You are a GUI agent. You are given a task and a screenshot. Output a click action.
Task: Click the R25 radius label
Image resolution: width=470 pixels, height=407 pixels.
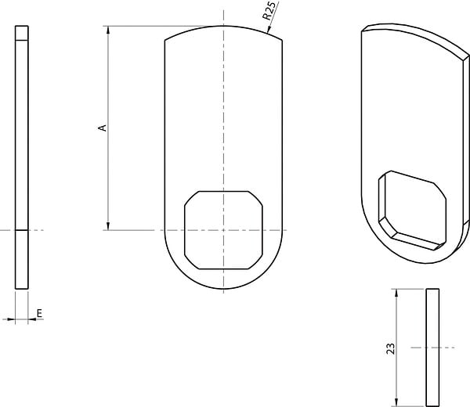269,10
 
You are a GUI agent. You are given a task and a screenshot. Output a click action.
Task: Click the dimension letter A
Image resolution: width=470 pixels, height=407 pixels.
103,128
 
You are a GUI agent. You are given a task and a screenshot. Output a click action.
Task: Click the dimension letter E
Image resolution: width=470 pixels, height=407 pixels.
39,313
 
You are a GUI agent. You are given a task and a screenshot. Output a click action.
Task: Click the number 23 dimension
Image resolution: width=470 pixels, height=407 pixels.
391,348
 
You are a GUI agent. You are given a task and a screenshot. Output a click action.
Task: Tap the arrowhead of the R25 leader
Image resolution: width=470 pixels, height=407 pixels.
269,29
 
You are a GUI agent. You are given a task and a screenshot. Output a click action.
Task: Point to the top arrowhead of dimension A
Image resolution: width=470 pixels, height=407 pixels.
108,30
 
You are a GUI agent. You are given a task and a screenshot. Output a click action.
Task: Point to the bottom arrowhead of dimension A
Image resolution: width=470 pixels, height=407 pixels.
108,226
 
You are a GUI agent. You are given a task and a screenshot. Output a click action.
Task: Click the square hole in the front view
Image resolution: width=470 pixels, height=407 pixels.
223,230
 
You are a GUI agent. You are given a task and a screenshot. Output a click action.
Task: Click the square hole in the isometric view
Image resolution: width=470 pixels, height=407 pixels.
413,211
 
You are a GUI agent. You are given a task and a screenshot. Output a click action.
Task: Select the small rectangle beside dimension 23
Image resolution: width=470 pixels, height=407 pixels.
432,348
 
